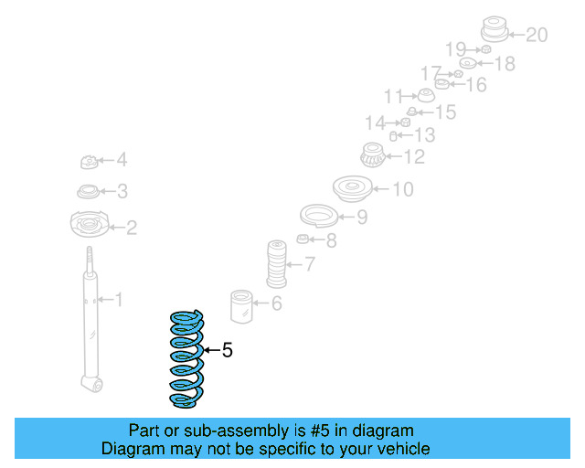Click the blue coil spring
pyautogui.click(x=186, y=358)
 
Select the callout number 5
pyautogui.click(x=228, y=349)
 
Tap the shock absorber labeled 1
pyautogui.click(x=90, y=320)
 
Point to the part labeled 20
pyautogui.click(x=494, y=29)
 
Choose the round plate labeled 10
pyautogui.click(x=349, y=189)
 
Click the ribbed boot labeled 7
pyautogui.click(x=276, y=265)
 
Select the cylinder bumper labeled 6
pyautogui.click(x=242, y=306)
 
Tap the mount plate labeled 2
pyautogui.click(x=90, y=225)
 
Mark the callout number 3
pyautogui.click(x=122, y=191)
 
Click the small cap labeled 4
pyautogui.click(x=90, y=163)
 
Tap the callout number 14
pyautogui.click(x=375, y=122)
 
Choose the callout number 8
pyautogui.click(x=330, y=240)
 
